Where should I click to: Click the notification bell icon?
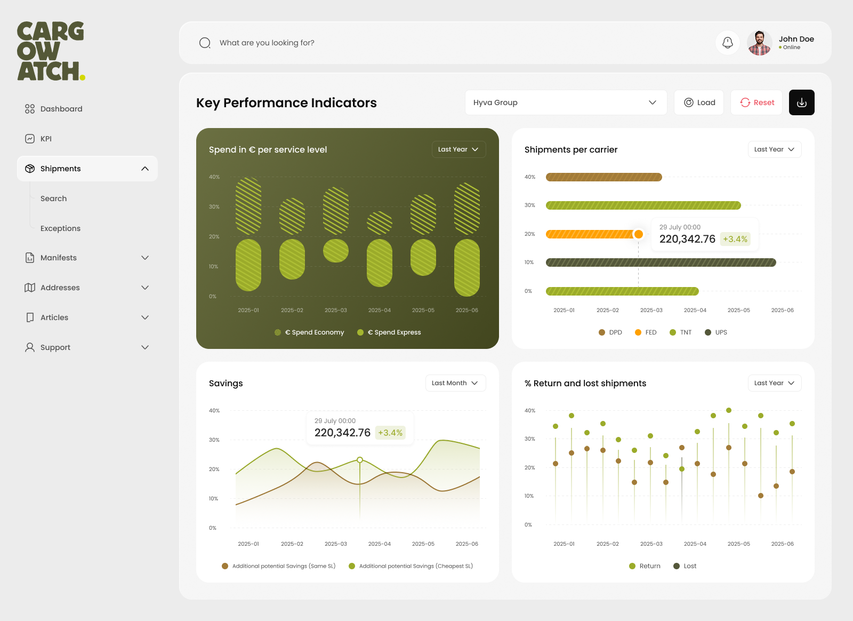728,43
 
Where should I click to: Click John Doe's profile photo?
759,43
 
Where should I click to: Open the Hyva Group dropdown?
566,102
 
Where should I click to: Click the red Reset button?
757,102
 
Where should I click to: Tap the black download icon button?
801,102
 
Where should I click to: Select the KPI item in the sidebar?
46,139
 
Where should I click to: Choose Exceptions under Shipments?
60,228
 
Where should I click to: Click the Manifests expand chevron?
145,258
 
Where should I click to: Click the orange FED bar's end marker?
638,234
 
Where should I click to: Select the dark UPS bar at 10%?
661,262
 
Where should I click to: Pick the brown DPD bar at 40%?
603,177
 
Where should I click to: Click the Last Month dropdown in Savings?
455,383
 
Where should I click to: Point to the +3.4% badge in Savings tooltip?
390,433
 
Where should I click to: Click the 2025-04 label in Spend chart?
380,310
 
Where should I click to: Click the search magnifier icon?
205,43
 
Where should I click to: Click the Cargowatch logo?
51,51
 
